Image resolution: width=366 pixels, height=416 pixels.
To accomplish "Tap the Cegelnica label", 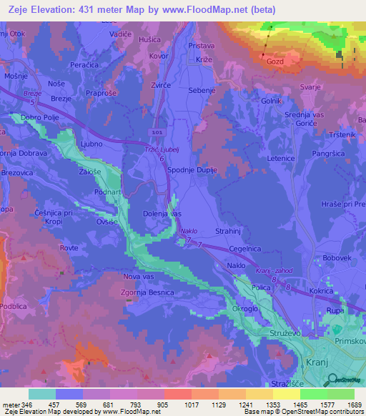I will [244, 248].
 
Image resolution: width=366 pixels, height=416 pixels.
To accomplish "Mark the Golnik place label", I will [271, 101].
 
